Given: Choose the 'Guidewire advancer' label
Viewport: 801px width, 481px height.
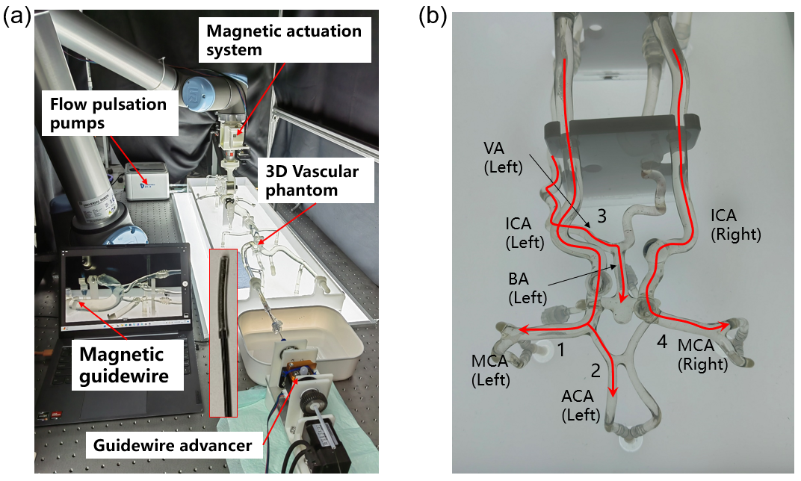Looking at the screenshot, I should pyautogui.click(x=172, y=447).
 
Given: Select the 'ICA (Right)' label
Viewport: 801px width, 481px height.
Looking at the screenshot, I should pyautogui.click(x=736, y=224).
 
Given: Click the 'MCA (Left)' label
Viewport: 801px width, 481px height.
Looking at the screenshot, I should pyautogui.click(x=490, y=370).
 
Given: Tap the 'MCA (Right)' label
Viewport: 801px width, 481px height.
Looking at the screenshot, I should pyautogui.click(x=702, y=355).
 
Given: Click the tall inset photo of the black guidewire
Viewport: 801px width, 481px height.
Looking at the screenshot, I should pyautogui.click(x=223, y=332).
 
